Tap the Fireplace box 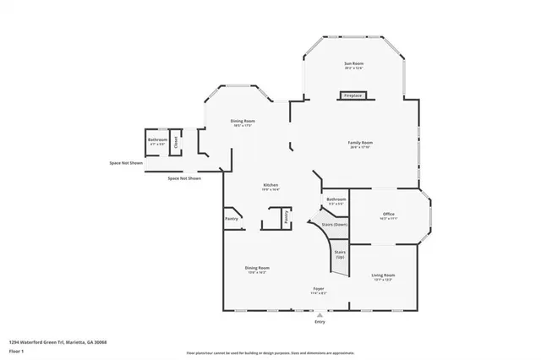point(352,95)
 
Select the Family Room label point(360,145)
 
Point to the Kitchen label point(270,187)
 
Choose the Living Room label point(383,276)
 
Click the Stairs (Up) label point(340,254)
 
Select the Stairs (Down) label point(336,225)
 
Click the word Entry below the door point(320,322)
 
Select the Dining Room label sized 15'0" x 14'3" point(257,270)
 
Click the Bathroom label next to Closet point(157,141)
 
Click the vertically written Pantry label point(287,216)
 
